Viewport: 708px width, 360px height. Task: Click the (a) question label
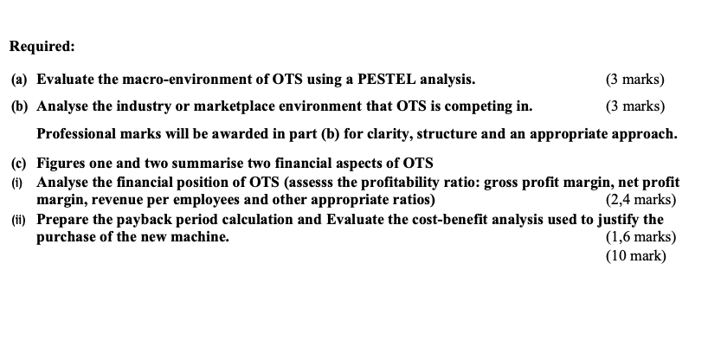point(19,80)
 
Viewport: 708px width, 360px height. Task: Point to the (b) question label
point(19,107)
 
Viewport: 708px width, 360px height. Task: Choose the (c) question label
point(19,164)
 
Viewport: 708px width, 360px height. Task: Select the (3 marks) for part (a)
point(636,80)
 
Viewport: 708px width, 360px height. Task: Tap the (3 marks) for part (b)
point(636,107)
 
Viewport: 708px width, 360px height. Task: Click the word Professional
point(77,135)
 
